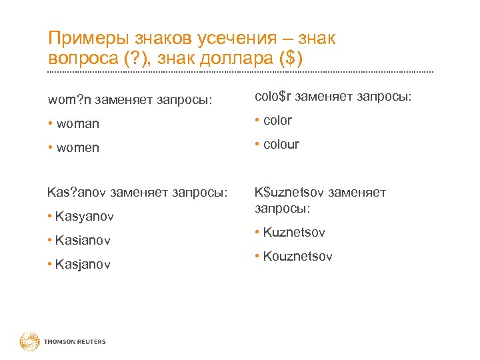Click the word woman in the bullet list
(78, 124)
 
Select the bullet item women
(78, 148)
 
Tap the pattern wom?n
(70, 101)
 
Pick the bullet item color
(277, 121)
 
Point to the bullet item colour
(281, 145)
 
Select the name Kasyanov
(85, 217)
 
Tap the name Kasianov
(83, 240)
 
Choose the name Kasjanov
(83, 265)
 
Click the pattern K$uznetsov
(287, 193)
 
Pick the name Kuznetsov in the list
(294, 233)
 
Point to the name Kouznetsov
(297, 257)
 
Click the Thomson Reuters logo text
(75, 342)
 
